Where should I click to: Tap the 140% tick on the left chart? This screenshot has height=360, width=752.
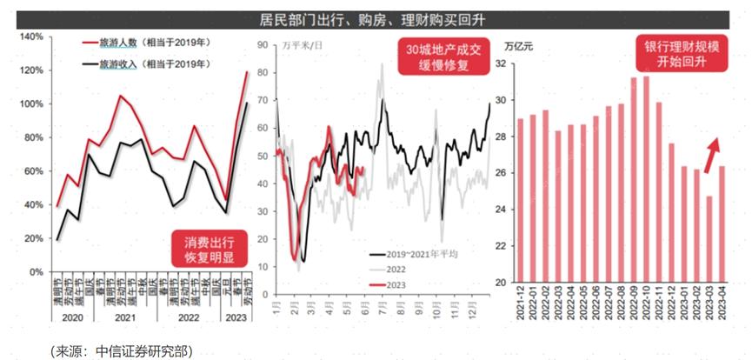31,37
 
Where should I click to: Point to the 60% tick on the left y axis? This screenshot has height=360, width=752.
33,171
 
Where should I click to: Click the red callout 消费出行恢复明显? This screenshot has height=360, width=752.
214,249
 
